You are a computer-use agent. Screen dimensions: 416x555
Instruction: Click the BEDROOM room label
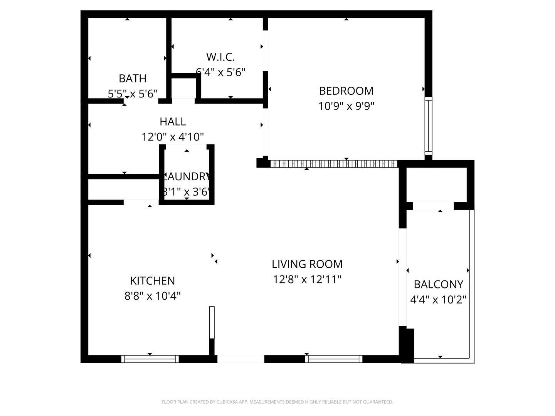click(x=346, y=91)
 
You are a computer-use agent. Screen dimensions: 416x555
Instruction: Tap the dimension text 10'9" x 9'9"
click(x=346, y=106)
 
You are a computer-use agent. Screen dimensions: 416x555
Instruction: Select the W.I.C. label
click(x=220, y=57)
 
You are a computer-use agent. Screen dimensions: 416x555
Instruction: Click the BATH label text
click(x=133, y=79)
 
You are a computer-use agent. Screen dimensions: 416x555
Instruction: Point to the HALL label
click(x=173, y=122)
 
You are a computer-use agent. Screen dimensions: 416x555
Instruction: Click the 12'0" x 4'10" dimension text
click(x=173, y=137)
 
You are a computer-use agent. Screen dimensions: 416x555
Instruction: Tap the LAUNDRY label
click(x=187, y=176)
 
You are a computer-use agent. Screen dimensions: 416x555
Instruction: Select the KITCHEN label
click(x=153, y=281)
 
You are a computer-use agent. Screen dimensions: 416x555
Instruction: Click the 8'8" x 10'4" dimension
click(x=153, y=296)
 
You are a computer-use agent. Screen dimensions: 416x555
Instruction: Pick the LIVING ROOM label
click(x=307, y=264)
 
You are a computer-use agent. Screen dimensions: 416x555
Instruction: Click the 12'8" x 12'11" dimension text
click(x=307, y=279)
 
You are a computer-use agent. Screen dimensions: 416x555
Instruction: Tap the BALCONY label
click(x=438, y=285)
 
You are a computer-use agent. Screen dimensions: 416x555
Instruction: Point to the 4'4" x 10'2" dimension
click(x=438, y=300)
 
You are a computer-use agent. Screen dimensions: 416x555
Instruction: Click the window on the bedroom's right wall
click(x=428, y=126)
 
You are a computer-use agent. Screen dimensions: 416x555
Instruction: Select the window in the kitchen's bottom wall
click(x=150, y=359)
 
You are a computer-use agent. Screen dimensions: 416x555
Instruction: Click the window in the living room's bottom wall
click(x=334, y=359)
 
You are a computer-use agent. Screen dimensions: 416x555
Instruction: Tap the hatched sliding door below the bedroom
click(x=334, y=164)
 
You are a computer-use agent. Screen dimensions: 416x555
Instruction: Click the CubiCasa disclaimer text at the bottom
click(x=277, y=402)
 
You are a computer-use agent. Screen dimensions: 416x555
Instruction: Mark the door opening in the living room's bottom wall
click(x=241, y=359)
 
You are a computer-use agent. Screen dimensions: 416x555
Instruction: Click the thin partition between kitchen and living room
click(x=212, y=323)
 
